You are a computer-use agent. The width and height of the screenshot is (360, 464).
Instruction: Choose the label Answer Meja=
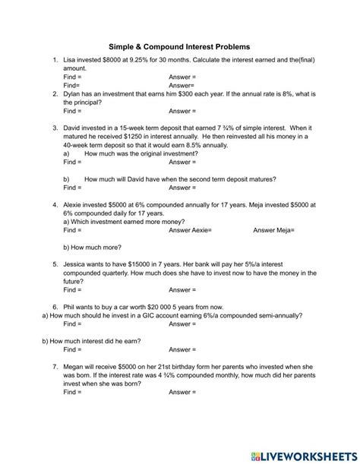[273, 230]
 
